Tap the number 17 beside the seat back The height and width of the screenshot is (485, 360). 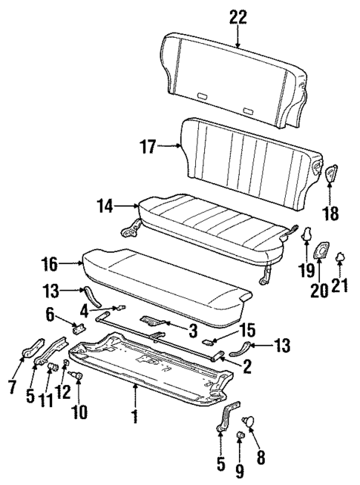[x=146, y=146]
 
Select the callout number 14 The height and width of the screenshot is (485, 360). [x=106, y=204]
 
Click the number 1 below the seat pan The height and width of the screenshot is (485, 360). [x=134, y=417]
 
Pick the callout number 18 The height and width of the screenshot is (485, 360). [x=330, y=214]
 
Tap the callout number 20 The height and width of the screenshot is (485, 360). [x=319, y=290]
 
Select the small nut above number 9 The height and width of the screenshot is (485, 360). [x=240, y=435]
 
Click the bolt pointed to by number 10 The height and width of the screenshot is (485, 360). [x=78, y=376]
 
